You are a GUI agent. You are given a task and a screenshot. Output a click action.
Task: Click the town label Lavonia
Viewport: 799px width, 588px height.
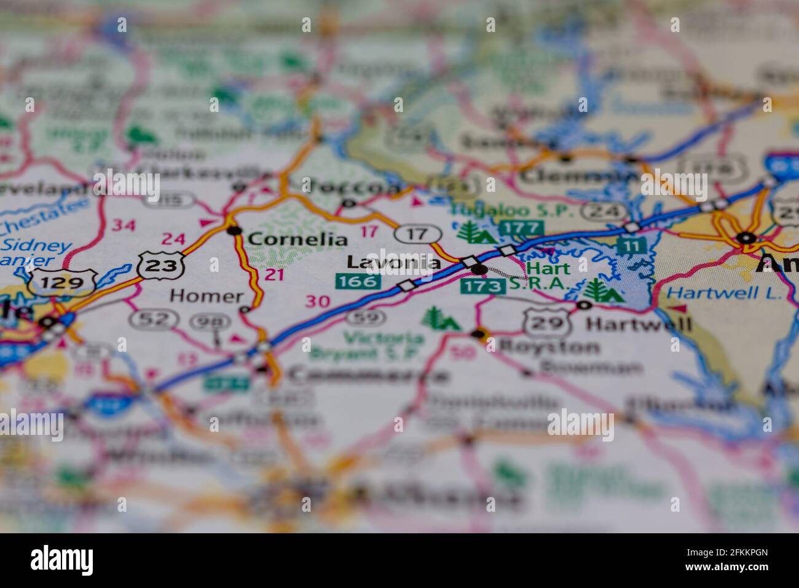pos(393,263)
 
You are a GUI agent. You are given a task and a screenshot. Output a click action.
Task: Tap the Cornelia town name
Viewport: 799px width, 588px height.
pos(297,239)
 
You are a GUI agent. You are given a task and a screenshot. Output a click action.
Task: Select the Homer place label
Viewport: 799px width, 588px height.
pos(207,296)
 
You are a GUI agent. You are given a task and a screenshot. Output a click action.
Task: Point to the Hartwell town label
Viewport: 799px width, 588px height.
pos(639,324)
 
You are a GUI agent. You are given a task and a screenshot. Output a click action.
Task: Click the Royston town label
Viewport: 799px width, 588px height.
pos(549,346)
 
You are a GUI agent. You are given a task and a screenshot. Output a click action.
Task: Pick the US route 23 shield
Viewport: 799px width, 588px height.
pos(161,265)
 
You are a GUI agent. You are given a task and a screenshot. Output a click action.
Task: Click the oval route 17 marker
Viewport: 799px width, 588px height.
pos(418,234)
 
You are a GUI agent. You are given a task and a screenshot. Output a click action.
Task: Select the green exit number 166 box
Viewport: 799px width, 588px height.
pos(358,282)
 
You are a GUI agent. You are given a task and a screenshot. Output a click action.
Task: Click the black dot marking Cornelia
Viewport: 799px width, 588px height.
pos(234,231)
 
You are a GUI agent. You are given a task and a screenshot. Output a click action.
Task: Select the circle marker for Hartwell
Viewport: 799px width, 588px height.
pos(584,305)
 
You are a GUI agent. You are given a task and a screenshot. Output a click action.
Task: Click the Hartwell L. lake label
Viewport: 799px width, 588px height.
pos(723,293)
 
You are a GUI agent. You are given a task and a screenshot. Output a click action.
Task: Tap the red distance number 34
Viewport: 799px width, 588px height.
pos(124,226)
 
